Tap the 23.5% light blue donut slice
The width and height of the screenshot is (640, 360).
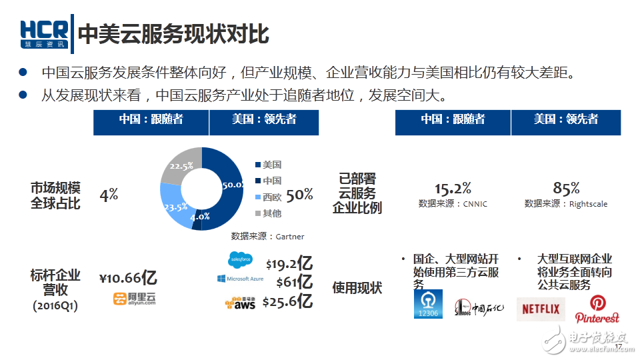(x=172, y=205)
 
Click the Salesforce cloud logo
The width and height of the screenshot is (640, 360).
(x=239, y=258)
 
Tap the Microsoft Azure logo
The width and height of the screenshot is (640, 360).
(x=241, y=279)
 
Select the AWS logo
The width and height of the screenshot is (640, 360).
(x=240, y=303)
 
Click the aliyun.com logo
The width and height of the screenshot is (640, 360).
(x=133, y=299)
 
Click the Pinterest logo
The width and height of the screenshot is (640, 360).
(x=597, y=309)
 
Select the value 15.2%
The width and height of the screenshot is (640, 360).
(x=453, y=188)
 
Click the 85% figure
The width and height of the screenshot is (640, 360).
(x=566, y=188)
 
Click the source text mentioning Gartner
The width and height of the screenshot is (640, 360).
(x=267, y=236)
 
